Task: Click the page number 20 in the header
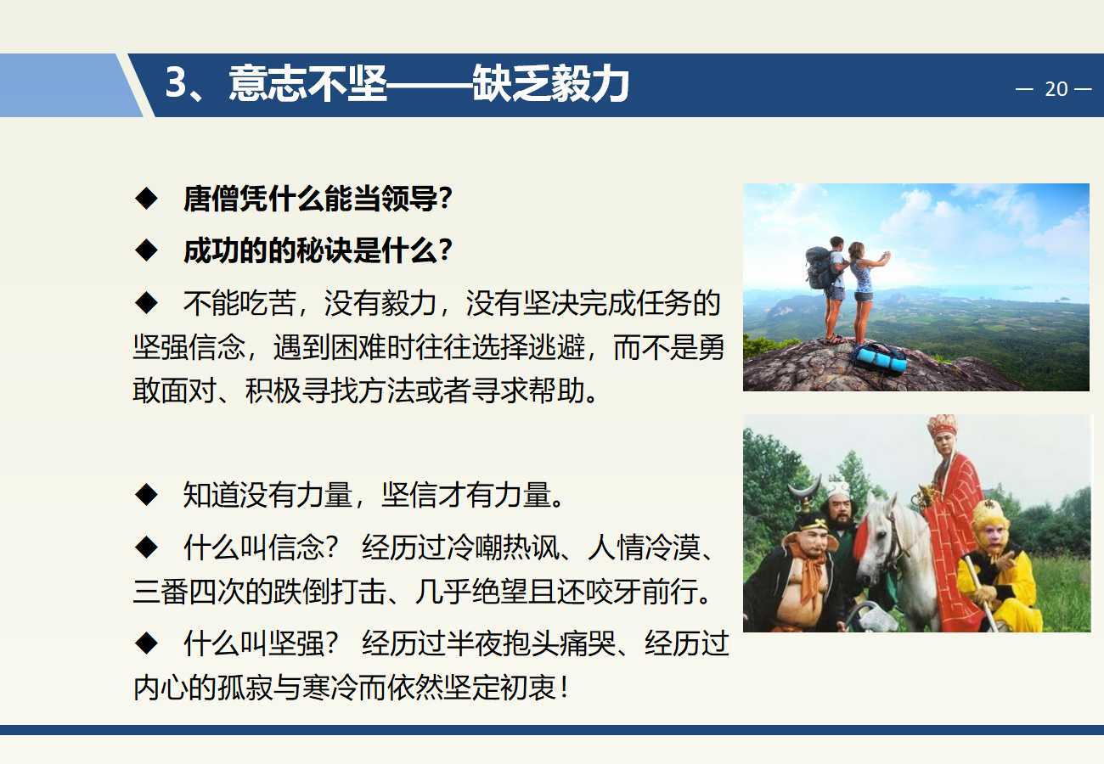(x=1056, y=89)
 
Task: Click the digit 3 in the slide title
(x=176, y=82)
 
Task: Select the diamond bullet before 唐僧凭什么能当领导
(x=146, y=199)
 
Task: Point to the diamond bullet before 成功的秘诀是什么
(x=146, y=250)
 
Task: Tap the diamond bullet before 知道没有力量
(x=146, y=494)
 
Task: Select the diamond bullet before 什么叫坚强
(x=146, y=643)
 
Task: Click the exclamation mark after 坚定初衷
(x=565, y=686)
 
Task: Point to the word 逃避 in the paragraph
(x=557, y=347)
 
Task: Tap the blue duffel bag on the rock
(x=880, y=358)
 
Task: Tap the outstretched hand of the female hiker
(x=886, y=256)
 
